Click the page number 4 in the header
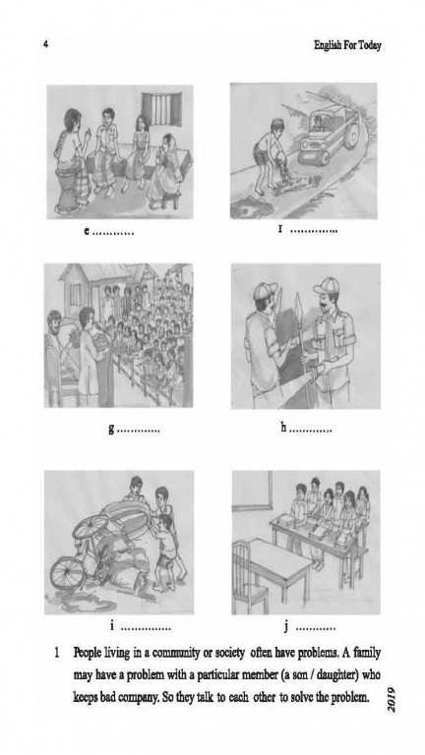click(46, 45)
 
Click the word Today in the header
click(370, 46)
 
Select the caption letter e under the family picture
click(87, 232)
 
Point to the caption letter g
click(111, 428)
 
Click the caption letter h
click(284, 426)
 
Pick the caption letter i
click(112, 625)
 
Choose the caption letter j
click(286, 626)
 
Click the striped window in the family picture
click(161, 109)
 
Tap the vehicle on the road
click(328, 134)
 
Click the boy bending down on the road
click(267, 155)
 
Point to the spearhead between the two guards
click(298, 306)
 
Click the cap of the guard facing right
click(264, 291)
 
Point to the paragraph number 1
click(57, 654)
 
